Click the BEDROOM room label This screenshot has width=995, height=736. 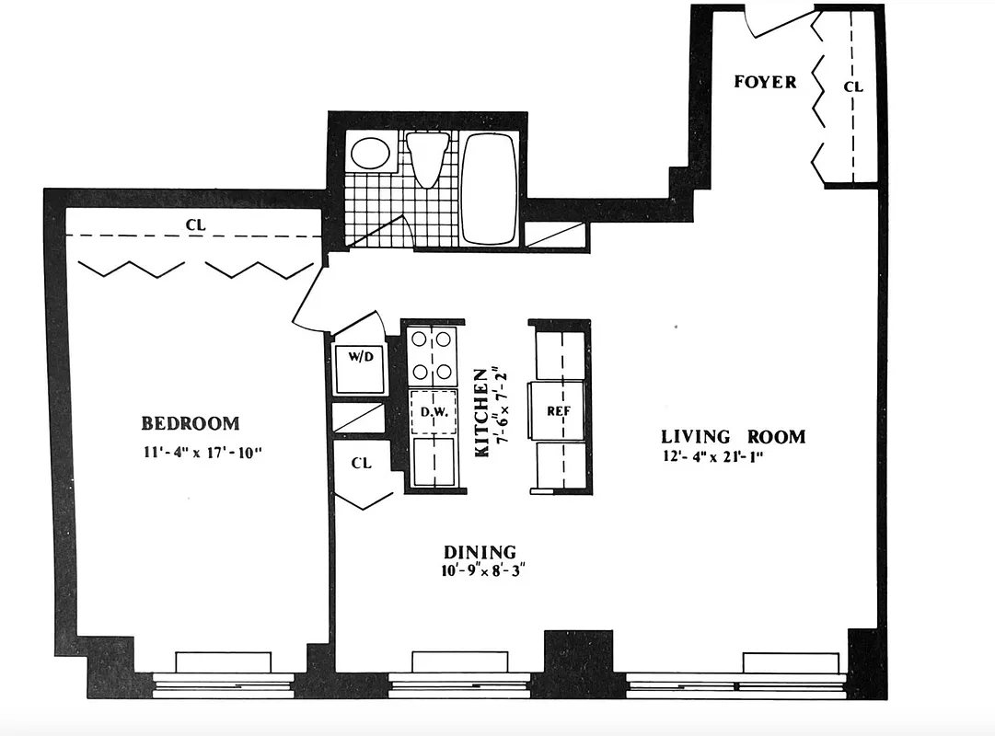coord(190,423)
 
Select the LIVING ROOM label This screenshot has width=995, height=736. coord(733,437)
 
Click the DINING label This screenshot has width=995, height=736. coord(480,552)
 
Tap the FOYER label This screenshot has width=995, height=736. coord(765,83)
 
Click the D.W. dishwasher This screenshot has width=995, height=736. coord(434,412)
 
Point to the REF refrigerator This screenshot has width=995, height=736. coord(560,411)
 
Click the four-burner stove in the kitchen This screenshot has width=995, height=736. coord(433,355)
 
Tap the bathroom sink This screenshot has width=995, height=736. coord(372,153)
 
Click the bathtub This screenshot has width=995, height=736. coord(488,188)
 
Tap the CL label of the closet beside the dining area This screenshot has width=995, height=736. coord(361,463)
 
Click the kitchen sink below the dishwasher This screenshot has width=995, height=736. coord(434,460)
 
